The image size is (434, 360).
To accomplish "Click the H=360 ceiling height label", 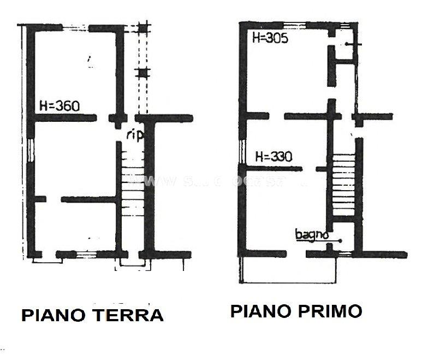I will point(60,106).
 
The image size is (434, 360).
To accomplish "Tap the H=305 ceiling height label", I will point(270,38).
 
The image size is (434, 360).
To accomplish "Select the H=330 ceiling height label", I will point(274,157).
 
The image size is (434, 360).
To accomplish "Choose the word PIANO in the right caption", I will point(259,311).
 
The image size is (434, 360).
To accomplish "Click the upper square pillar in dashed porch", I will point(143,28).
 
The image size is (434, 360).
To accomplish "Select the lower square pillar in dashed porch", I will point(143,72).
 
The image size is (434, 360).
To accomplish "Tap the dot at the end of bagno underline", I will point(340,240).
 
